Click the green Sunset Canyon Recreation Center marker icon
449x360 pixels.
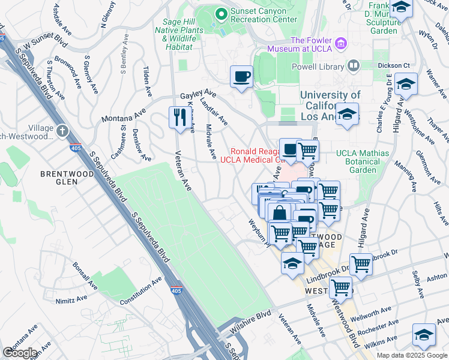click(221, 13)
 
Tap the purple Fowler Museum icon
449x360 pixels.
click(342, 43)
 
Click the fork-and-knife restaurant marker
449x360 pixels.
click(178, 116)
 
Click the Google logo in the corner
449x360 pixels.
click(19, 353)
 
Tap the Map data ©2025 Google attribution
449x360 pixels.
click(411, 355)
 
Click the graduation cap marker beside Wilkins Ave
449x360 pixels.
click(424, 334)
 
